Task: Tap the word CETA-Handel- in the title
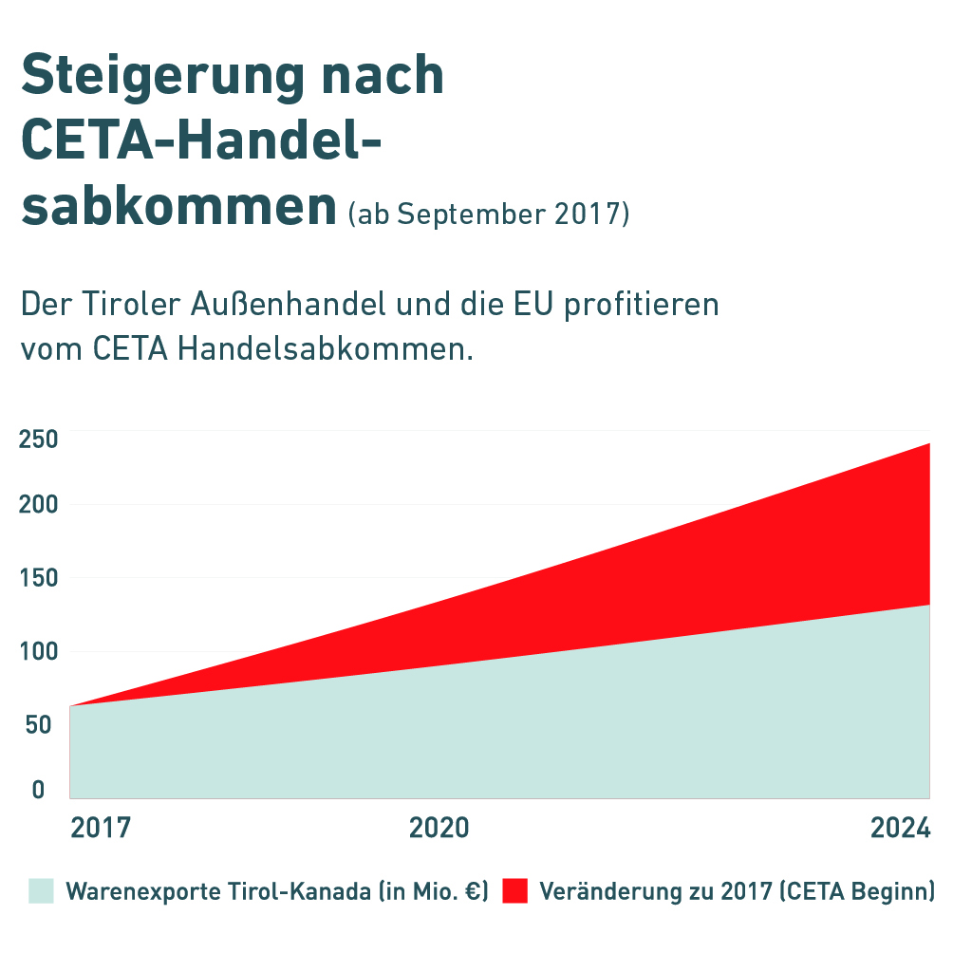(x=201, y=140)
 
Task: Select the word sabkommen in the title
(x=178, y=206)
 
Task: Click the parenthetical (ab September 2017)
(x=489, y=214)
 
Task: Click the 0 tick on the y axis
(x=38, y=789)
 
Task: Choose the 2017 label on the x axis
(x=101, y=828)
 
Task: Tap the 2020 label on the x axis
(x=439, y=828)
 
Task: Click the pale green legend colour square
(x=41, y=891)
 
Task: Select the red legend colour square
(x=514, y=891)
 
